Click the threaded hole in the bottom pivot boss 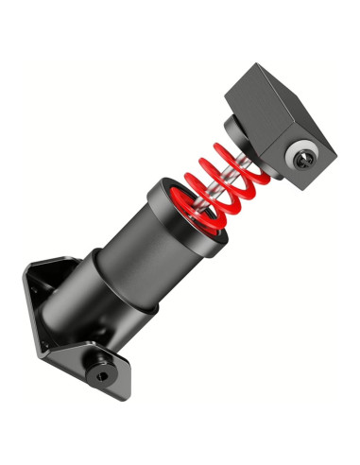tap(100, 374)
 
